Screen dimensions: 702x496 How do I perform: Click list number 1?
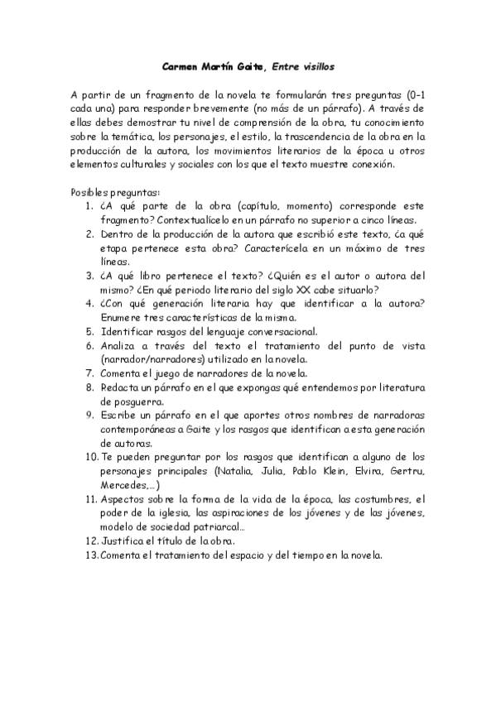point(89,206)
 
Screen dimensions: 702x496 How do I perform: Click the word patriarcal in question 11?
point(218,526)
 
